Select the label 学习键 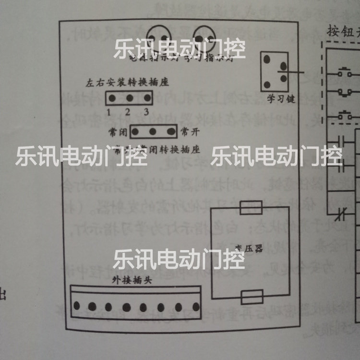280,99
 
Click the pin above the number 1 111,98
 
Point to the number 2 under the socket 128,113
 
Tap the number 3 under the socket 146,113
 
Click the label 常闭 119,131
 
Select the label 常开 188,131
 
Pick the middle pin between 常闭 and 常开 153,131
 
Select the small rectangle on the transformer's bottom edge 252,297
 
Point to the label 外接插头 132,280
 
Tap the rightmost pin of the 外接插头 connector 195,306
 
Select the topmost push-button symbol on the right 344,73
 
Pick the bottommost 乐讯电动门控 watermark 179,260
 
